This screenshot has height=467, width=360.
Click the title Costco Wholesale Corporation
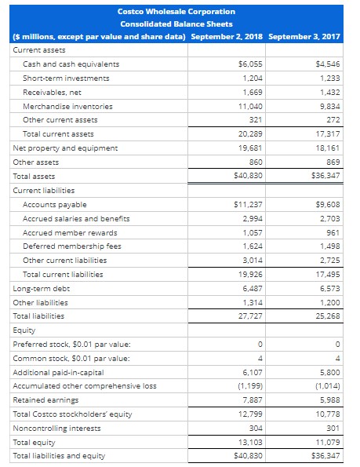176,12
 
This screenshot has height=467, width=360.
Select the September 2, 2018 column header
227,37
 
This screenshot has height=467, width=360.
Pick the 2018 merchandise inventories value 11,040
249,106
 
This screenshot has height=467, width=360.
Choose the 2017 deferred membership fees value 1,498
328,246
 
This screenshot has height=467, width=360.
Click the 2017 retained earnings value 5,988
328,400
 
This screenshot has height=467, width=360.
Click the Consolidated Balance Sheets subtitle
176,24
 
